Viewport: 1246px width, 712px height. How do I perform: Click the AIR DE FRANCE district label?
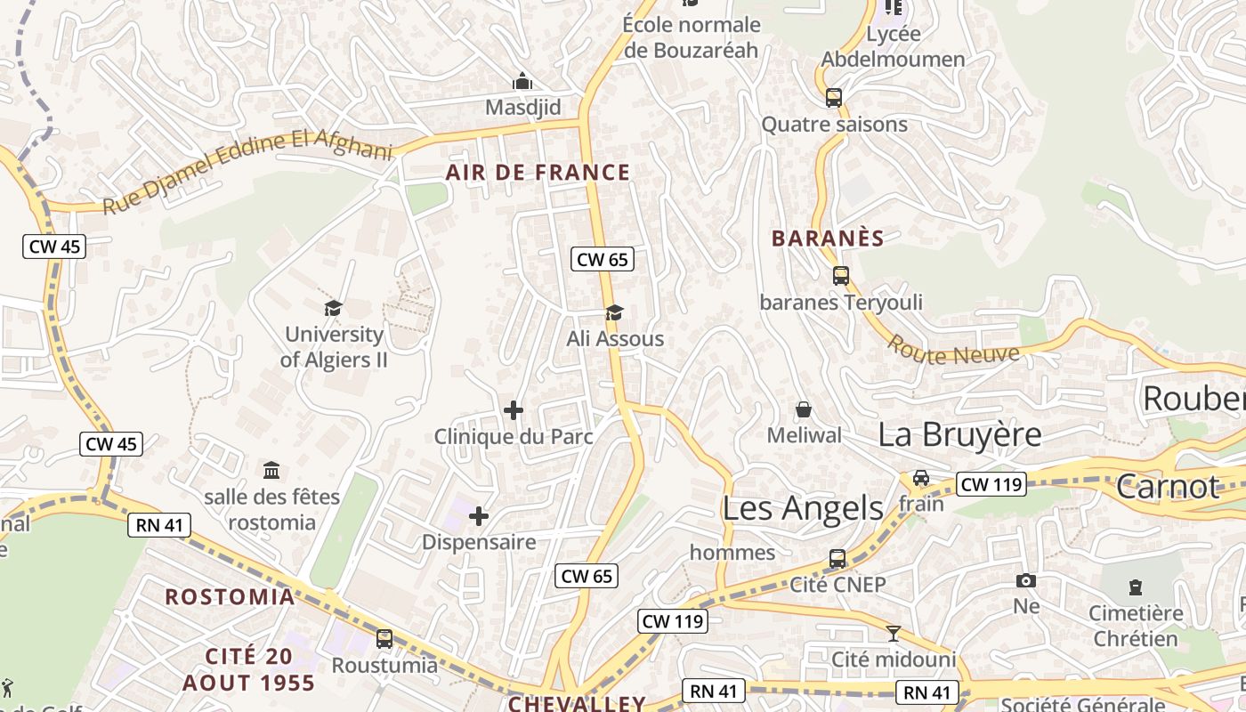pos(538,173)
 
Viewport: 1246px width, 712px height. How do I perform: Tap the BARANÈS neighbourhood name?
pos(828,239)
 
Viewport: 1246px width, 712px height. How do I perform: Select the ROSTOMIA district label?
pos(230,596)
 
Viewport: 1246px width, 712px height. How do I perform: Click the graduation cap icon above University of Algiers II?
pos(334,308)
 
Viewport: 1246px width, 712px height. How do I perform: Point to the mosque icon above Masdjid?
pos(522,81)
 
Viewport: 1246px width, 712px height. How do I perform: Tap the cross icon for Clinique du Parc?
pos(514,410)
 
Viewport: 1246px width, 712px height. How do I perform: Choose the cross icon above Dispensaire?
pos(479,516)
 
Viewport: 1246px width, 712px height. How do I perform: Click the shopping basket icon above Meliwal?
pos(804,409)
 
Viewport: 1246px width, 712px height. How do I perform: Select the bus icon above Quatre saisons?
pos(834,98)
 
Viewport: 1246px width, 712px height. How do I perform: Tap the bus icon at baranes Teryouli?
pos(841,276)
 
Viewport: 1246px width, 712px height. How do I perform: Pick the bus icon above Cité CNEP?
pos(837,559)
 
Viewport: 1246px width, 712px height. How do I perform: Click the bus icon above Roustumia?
pos(384,639)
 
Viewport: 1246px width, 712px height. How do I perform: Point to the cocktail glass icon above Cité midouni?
pos(894,634)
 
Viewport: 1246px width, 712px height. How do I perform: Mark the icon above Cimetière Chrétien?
pos(1135,587)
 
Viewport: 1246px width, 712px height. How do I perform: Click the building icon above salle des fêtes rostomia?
pos(271,470)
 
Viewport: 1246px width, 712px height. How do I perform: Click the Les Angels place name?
pos(803,508)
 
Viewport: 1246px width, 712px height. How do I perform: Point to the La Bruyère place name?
pos(959,434)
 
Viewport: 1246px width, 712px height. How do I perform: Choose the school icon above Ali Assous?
pos(614,312)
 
